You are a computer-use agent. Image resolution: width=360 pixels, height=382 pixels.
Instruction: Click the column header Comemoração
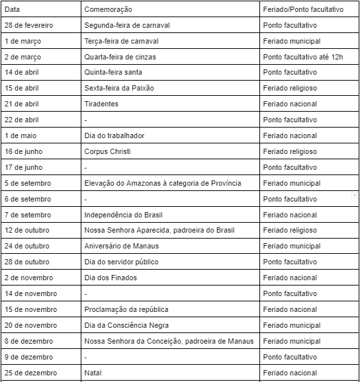click(x=108, y=10)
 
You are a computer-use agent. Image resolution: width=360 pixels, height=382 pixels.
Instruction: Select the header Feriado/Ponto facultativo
click(x=303, y=10)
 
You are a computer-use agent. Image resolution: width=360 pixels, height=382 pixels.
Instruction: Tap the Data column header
click(x=12, y=10)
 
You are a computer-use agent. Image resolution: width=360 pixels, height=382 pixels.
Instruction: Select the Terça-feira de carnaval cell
click(x=121, y=41)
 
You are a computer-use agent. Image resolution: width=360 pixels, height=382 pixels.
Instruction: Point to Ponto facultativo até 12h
click(x=302, y=57)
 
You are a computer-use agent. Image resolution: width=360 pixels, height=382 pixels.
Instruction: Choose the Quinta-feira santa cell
click(x=113, y=72)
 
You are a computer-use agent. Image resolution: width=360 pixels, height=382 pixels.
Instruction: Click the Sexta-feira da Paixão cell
click(x=116, y=88)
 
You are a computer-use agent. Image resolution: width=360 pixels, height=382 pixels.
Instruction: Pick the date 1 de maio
click(x=21, y=135)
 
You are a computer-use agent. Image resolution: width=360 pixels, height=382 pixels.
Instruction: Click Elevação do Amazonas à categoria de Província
click(x=162, y=183)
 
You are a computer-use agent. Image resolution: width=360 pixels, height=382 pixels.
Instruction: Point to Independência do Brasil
click(x=123, y=215)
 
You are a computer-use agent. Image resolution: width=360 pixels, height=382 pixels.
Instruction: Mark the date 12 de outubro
click(x=27, y=230)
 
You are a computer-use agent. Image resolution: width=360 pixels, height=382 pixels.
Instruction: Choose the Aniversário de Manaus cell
click(x=121, y=246)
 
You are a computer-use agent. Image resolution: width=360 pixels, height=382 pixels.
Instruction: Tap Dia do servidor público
click(x=121, y=262)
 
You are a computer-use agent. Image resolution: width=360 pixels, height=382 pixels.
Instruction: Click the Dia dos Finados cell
click(x=111, y=278)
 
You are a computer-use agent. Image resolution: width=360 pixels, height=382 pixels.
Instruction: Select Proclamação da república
click(x=126, y=309)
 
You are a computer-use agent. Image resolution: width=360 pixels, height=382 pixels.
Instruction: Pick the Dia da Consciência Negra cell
click(x=126, y=325)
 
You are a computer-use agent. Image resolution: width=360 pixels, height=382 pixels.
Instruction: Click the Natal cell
click(x=93, y=373)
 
